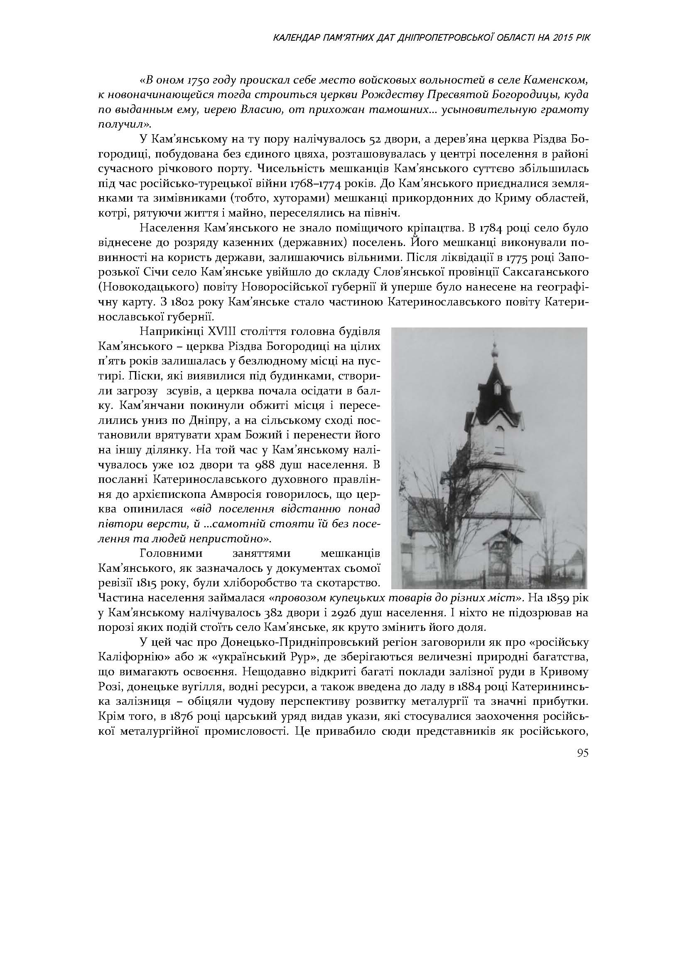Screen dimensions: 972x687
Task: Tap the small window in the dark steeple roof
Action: pyautogui.click(x=498, y=388)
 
